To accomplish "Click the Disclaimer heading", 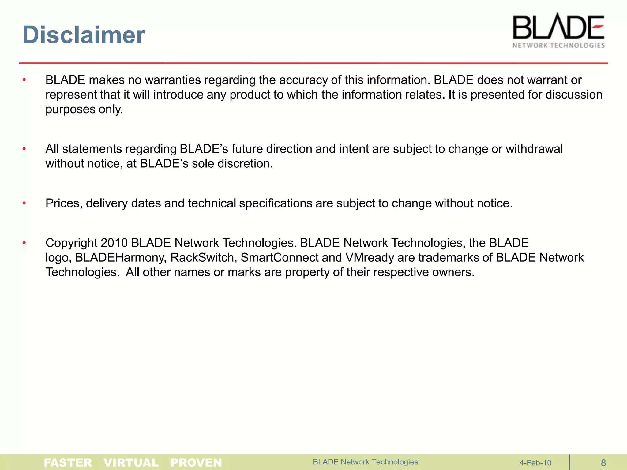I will click(84, 35).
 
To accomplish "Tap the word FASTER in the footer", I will click(68, 462).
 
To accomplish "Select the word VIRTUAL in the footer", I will click(131, 462).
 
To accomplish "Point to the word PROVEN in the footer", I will click(196, 462).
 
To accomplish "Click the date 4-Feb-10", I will click(535, 463).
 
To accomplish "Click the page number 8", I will click(603, 463).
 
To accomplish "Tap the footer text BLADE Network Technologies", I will click(365, 462).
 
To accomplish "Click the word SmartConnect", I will click(280, 258).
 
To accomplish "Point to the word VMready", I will click(370, 258).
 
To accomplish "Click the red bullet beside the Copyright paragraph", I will click(24, 243).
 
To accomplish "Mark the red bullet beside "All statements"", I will click(24, 149).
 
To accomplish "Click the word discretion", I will click(245, 164).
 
